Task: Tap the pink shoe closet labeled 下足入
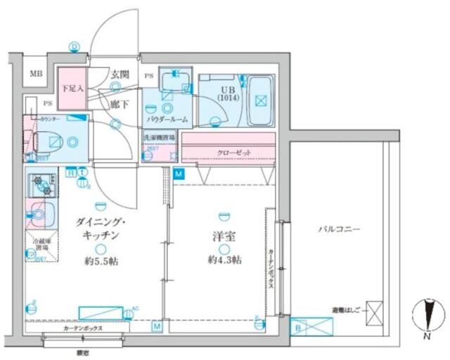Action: [x=71, y=88]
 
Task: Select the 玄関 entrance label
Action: [x=120, y=74]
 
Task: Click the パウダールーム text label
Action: [x=167, y=120]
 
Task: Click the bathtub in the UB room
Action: [x=260, y=101]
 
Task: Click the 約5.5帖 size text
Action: [x=101, y=261]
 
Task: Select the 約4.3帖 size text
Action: [x=224, y=260]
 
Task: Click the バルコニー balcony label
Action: [x=338, y=229]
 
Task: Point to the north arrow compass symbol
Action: [x=427, y=316]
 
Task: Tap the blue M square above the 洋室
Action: [x=179, y=173]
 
